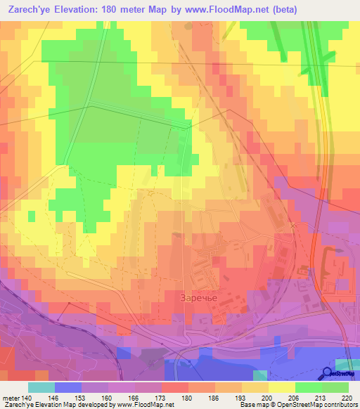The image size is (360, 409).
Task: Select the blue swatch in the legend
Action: tap(67, 387)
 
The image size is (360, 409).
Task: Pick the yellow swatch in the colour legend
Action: tap(283, 387)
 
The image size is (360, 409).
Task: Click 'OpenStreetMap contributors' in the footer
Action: tap(321, 405)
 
